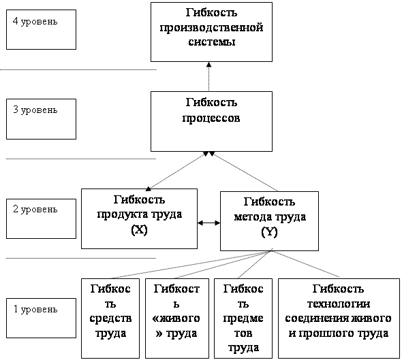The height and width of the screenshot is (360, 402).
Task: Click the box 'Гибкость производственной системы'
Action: pyautogui.click(x=211, y=32)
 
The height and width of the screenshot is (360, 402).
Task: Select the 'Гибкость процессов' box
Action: pyautogui.click(x=211, y=121)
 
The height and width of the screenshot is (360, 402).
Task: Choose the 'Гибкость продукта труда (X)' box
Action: pyautogui.click(x=139, y=218)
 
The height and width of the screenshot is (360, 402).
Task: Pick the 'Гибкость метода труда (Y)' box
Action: pyautogui.click(x=269, y=221)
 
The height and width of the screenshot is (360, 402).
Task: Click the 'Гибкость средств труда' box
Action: pyautogui.click(x=110, y=318)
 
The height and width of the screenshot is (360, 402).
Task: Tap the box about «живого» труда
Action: pyautogui.click(x=177, y=318)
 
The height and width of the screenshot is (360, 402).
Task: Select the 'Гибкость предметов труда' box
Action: pyautogui.click(x=243, y=318)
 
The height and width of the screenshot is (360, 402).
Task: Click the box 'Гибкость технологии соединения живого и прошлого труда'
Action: pyautogui.click(x=339, y=318)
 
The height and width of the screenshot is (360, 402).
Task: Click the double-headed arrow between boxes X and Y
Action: pyautogui.click(x=208, y=223)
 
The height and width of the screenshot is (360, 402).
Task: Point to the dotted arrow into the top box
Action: pyautogui.click(x=209, y=76)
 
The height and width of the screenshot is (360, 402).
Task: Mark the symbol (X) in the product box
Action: pyautogui.click(x=139, y=229)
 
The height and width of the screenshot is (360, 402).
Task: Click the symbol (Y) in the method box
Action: pyautogui.click(x=269, y=232)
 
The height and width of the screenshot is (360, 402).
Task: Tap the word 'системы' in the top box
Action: pyautogui.click(x=212, y=42)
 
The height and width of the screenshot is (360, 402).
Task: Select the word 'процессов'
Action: pyautogui.click(x=211, y=118)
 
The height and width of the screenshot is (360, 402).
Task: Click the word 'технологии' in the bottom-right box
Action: pyautogui.click(x=339, y=304)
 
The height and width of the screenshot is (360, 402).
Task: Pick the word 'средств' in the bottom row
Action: pyautogui.click(x=110, y=318)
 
